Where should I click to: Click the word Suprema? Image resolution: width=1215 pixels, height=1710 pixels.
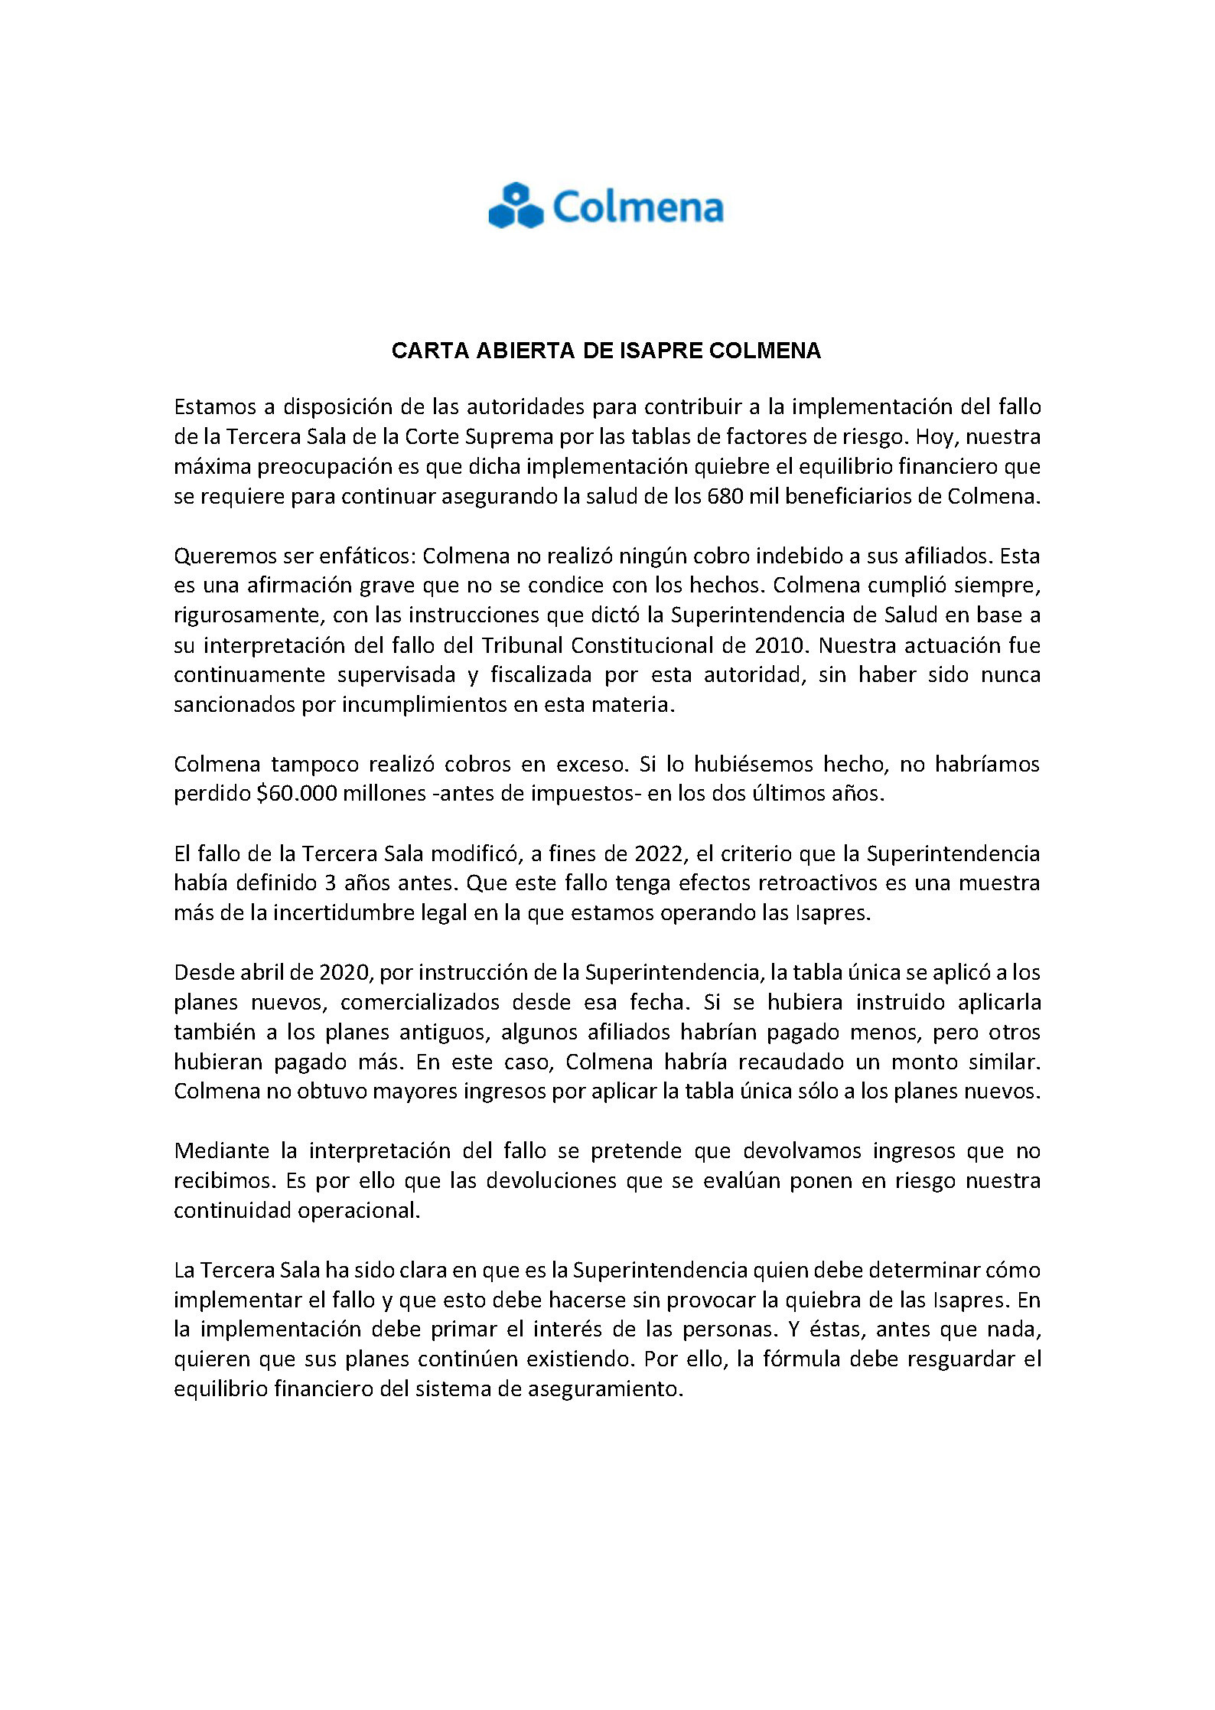point(498,436)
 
